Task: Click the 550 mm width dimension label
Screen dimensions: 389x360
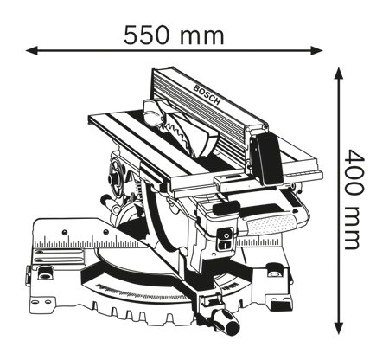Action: tap(174, 35)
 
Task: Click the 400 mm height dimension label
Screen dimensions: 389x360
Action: tap(355, 199)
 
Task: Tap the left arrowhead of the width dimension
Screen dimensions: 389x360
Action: tap(32, 50)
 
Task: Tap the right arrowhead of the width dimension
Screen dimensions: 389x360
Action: tap(316, 50)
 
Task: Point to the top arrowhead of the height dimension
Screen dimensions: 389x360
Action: tap(339, 73)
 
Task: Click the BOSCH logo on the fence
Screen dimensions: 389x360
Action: tap(207, 95)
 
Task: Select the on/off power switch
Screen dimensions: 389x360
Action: tap(225, 239)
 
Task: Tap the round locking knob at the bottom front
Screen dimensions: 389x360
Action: tap(227, 323)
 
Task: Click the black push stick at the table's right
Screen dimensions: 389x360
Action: tap(267, 159)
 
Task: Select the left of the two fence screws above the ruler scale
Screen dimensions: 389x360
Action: tap(65, 232)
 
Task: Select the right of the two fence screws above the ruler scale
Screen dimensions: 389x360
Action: tap(106, 232)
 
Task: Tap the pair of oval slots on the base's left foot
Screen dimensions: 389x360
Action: tap(41, 302)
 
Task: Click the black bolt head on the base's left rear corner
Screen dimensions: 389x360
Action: tap(44, 273)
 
